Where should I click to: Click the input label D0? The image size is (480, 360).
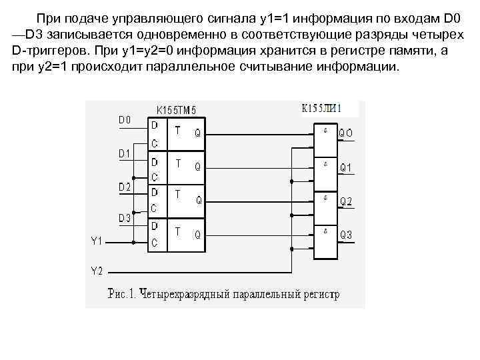click(x=125, y=120)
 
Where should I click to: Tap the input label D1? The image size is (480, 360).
click(x=125, y=154)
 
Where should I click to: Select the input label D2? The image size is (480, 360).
click(x=125, y=187)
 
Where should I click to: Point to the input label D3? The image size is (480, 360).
click(x=125, y=218)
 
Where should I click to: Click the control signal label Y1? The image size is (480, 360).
click(x=97, y=241)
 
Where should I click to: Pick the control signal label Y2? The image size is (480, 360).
click(x=97, y=271)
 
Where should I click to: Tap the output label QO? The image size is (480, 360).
click(x=347, y=133)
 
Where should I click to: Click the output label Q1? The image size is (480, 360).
click(x=347, y=167)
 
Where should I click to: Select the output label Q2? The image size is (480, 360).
click(x=347, y=201)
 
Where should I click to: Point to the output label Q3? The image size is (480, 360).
click(x=347, y=235)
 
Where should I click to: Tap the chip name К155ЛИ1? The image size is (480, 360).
click(x=322, y=107)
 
